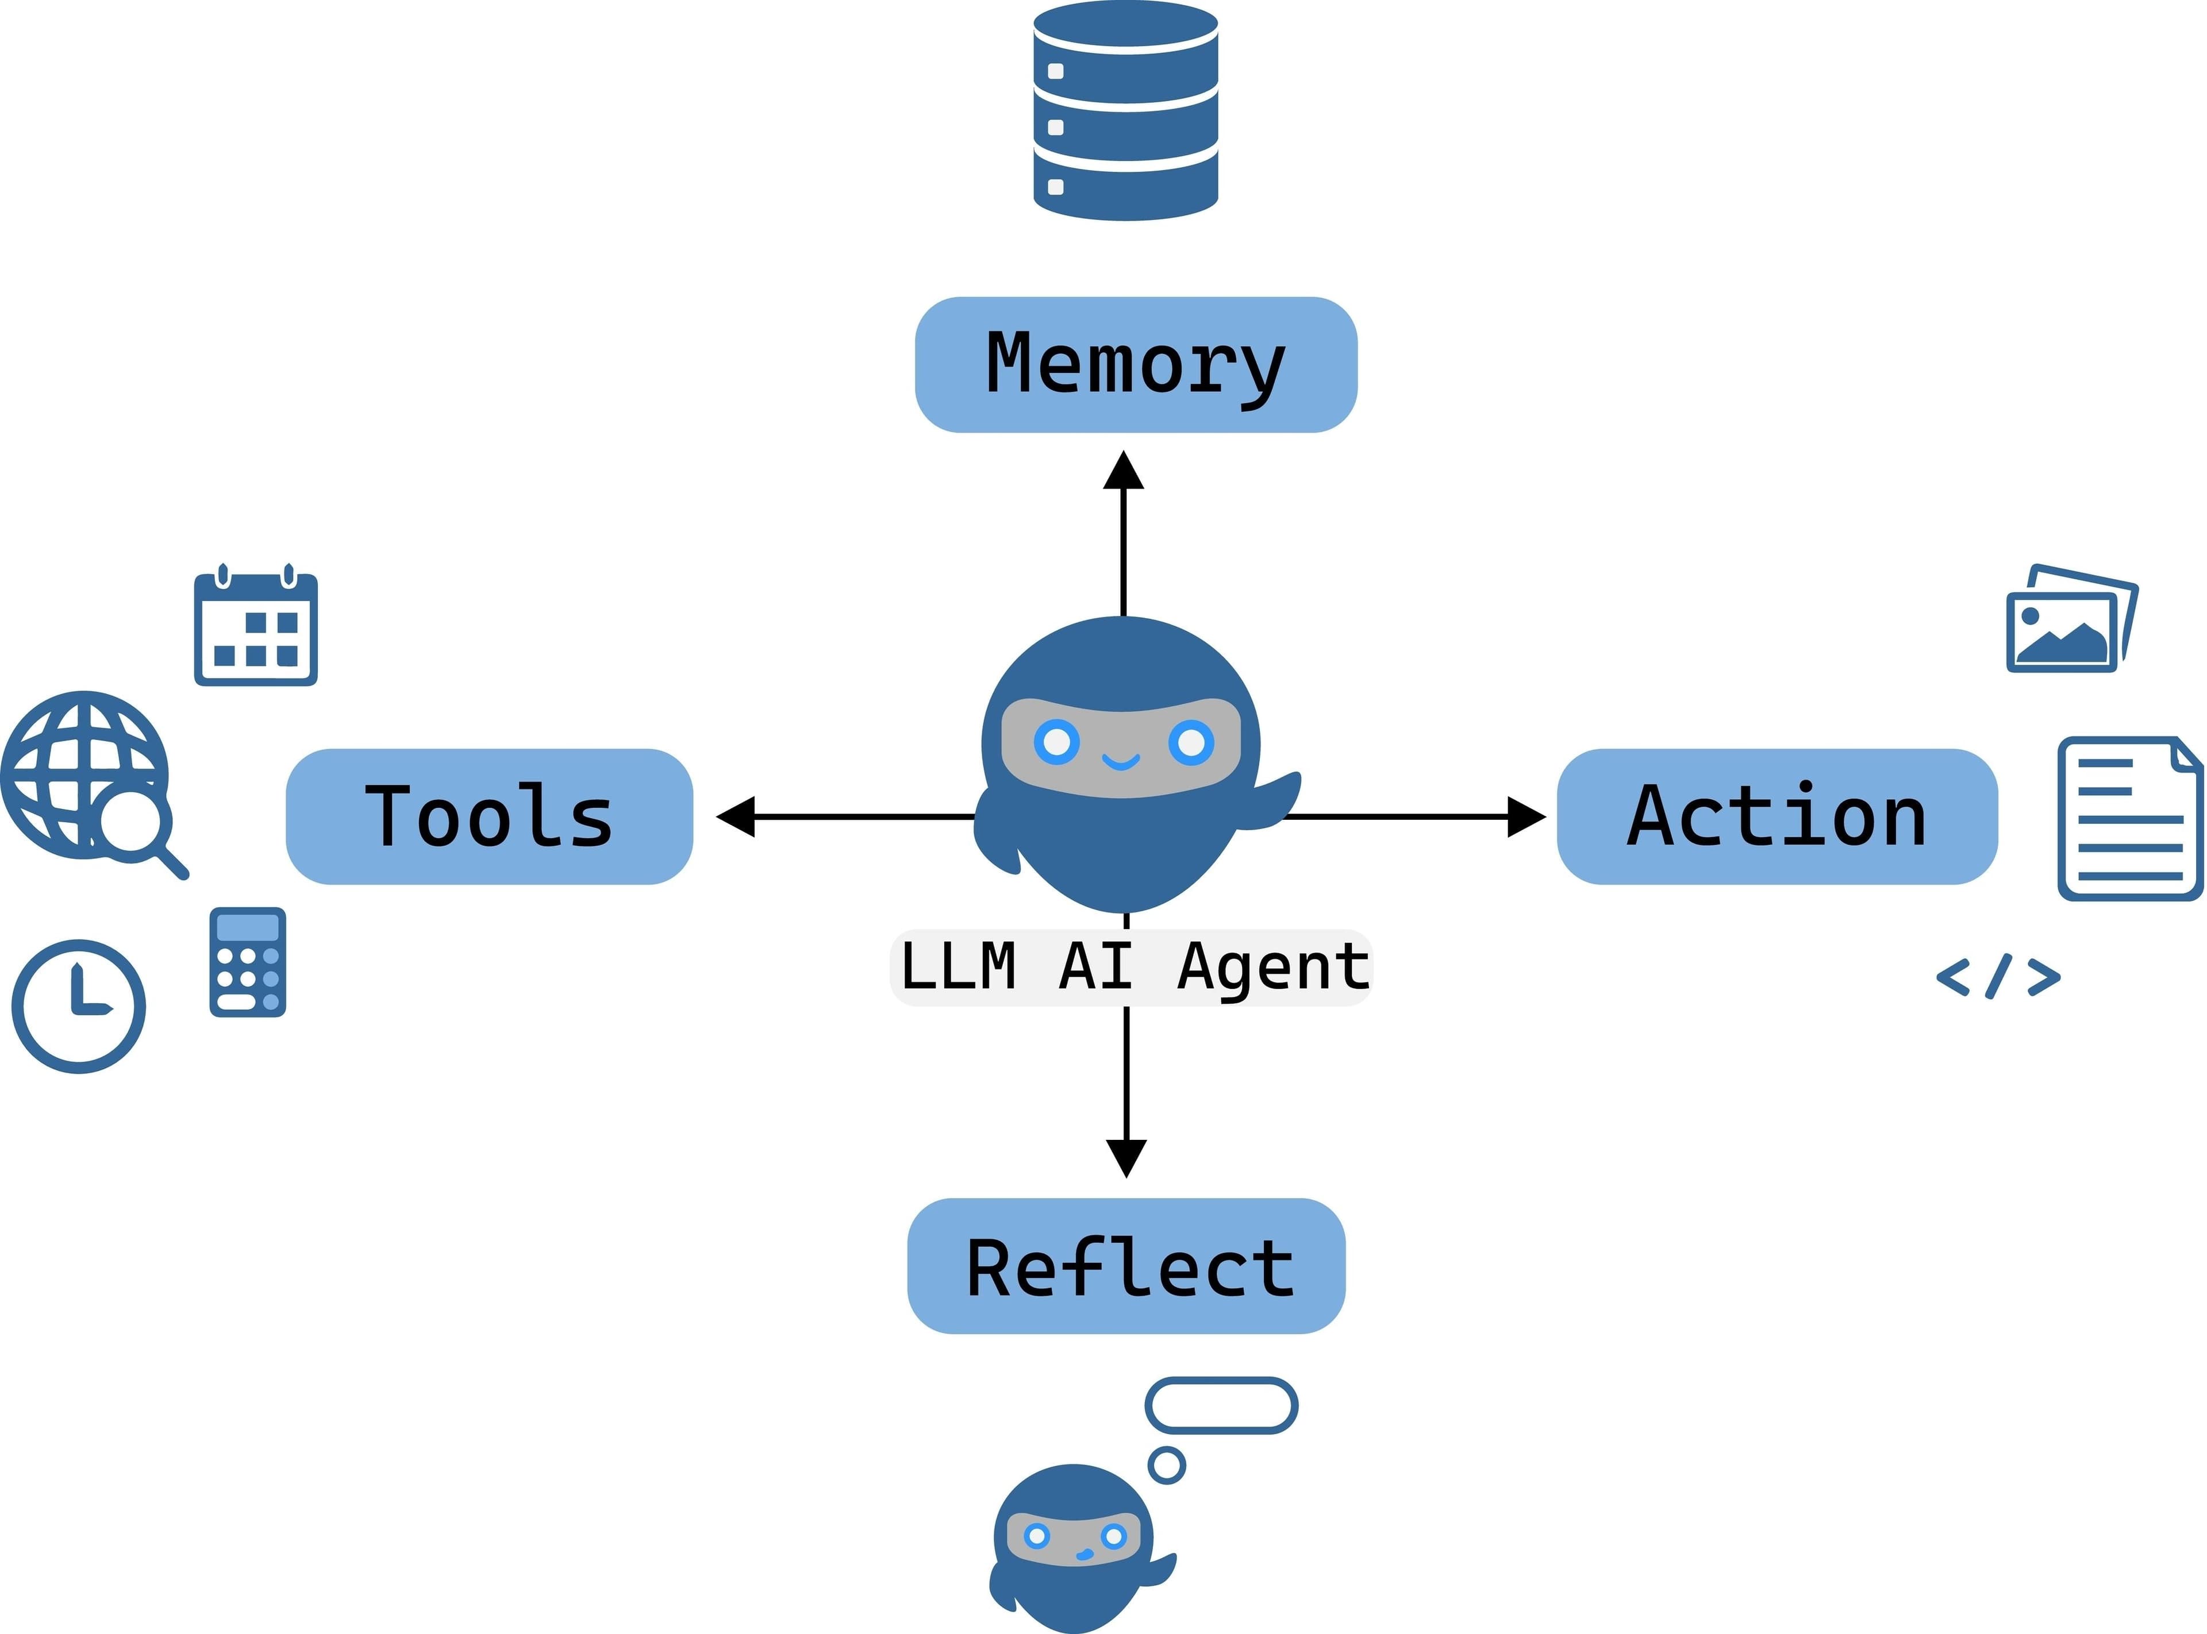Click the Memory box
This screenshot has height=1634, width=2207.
(x=1136, y=364)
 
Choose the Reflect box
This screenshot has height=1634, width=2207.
(x=1126, y=1266)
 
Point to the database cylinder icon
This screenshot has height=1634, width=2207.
(x=1126, y=111)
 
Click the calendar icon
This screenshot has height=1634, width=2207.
(x=255, y=626)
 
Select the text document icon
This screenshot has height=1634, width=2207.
(x=2130, y=819)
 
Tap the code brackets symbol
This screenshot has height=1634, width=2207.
(x=1998, y=976)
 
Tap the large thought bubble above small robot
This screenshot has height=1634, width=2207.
(x=1221, y=1405)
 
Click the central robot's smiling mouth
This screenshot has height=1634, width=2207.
(x=1121, y=761)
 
